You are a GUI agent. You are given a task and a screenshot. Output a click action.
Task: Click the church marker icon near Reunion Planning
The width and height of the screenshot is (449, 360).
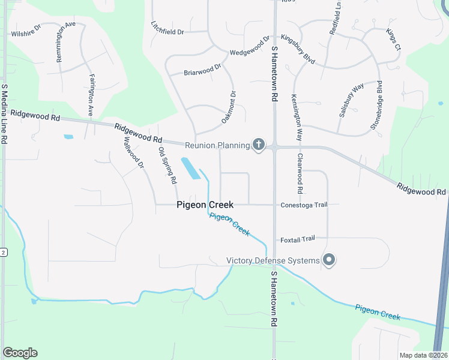coord(259,145)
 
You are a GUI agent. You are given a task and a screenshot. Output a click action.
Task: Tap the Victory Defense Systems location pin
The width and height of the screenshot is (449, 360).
coord(329,260)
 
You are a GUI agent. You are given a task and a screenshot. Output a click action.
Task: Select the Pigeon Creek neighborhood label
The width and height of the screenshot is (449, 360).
coord(205,205)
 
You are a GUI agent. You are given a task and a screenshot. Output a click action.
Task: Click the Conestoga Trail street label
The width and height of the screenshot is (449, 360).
coord(304,205)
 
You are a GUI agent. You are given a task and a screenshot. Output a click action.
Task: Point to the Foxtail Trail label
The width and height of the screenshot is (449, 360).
coord(297,239)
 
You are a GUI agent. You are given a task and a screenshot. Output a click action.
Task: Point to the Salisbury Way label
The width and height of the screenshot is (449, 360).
coord(351,100)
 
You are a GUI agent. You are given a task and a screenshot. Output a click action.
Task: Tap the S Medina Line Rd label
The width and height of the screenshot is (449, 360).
coord(4,114)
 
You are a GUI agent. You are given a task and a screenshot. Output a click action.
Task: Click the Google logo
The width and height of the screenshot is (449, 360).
coord(20,353)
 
